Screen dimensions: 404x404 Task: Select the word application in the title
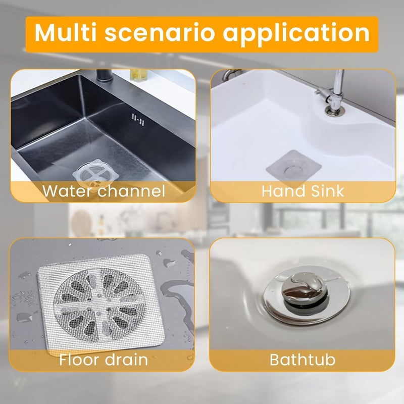coord(296,33)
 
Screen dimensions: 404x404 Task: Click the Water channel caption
coord(104,191)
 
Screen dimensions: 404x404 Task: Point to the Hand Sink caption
coord(302,191)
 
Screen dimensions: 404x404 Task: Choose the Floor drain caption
coord(104,360)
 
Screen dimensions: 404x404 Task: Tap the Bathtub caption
coord(302,360)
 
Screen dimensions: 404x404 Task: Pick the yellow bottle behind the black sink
coord(136,74)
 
